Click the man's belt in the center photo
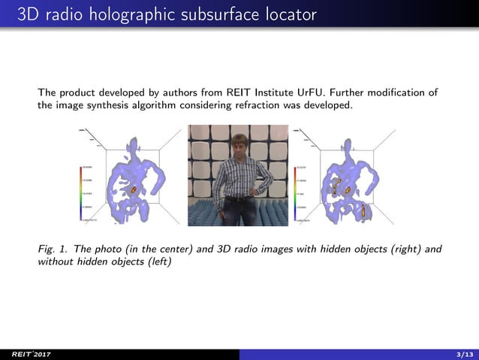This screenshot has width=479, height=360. coord(239,198)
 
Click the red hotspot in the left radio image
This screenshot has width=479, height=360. coord(134,190)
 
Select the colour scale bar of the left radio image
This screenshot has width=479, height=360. coord(81,192)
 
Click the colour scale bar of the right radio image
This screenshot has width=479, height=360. coord(296,192)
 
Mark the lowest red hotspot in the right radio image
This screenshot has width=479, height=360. coord(363,210)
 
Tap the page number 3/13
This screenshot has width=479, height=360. coord(465,354)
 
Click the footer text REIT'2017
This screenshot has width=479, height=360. coord(23,354)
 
